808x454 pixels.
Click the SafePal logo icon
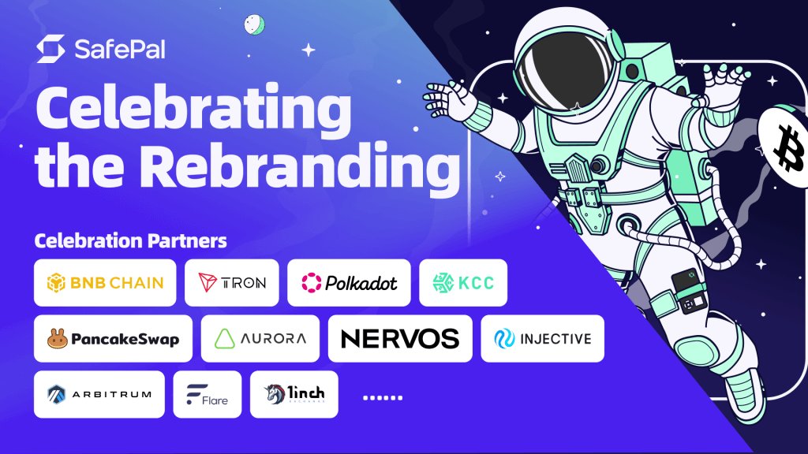pos(50,49)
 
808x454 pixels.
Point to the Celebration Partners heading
pos(130,240)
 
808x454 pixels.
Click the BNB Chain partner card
pos(104,282)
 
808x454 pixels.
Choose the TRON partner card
pos(231,282)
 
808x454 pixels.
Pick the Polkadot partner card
pos(349,282)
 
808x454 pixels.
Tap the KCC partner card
pos(462,282)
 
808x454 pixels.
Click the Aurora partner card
pos(260,339)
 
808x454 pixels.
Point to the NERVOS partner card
pos(399,339)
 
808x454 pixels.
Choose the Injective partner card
pos(542,339)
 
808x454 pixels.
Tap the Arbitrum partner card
pos(99,394)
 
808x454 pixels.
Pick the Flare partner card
pos(207,394)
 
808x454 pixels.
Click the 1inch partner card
pos(294,394)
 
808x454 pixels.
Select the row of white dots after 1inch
pos(382,397)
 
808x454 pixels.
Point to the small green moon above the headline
pos(253,24)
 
